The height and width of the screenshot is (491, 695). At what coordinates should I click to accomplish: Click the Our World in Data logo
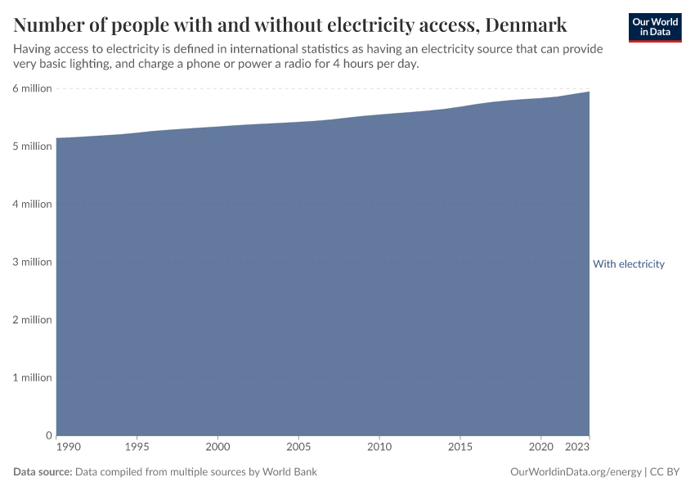coord(654,27)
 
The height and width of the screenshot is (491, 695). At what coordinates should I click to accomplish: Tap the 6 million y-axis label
coord(33,88)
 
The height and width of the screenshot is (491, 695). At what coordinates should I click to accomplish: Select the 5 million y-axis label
coord(33,146)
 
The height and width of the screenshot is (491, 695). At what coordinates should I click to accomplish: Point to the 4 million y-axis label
coord(33,204)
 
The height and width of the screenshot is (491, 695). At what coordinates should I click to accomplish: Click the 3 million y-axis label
coord(33,262)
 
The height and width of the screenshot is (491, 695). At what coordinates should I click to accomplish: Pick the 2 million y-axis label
coord(33,320)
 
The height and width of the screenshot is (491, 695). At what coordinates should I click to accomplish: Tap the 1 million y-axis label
coord(33,377)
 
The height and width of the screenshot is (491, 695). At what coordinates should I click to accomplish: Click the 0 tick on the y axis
coord(48,435)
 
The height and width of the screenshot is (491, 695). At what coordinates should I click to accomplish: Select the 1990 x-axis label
coord(69,448)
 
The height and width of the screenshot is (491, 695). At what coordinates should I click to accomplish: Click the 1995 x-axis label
coord(137,448)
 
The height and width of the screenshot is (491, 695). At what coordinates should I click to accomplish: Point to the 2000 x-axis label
coord(217,448)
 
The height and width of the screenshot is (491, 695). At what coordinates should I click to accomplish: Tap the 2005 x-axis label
coord(298,448)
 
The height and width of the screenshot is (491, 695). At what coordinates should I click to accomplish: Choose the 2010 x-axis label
coord(379,448)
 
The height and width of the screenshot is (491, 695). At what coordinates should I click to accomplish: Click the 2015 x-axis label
coord(460,448)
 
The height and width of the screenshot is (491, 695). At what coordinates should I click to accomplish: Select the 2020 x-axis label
coord(540,448)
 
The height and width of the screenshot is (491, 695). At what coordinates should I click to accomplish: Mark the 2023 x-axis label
coord(578,448)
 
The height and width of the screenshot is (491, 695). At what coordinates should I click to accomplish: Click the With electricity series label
coord(629,264)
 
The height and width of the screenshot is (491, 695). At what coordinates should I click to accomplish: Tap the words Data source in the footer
coord(43,472)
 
